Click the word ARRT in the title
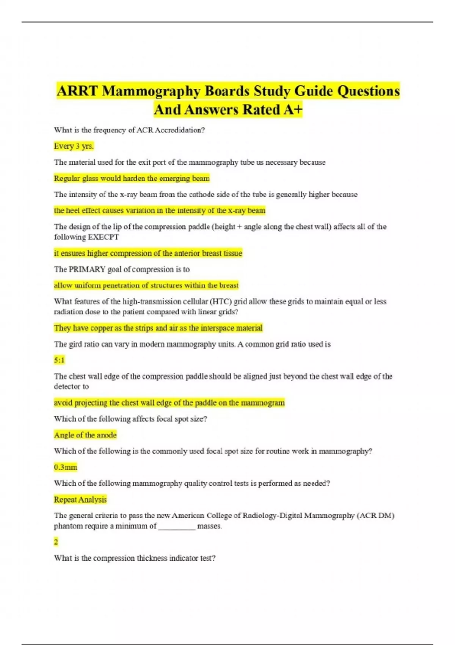(78, 91)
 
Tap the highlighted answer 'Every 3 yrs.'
(74, 146)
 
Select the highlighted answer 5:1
(59, 360)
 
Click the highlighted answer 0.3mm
(65, 467)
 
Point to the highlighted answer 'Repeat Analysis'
(80, 499)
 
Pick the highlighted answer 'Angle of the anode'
(85, 435)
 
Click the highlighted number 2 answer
(56, 542)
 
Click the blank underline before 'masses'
(177, 526)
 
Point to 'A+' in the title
(293, 110)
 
